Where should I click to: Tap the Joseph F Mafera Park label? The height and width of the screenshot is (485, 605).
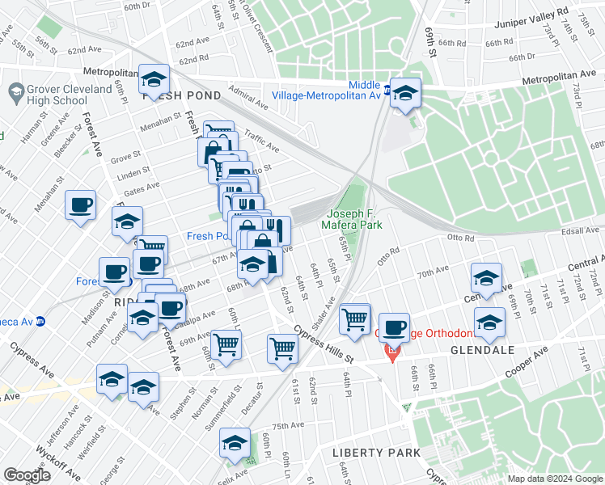click(x=353, y=220)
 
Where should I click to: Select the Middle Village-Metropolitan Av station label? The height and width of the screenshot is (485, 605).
click(x=364, y=91)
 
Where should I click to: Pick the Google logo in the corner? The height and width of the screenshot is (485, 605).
click(x=27, y=475)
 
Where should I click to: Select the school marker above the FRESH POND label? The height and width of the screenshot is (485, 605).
click(x=154, y=79)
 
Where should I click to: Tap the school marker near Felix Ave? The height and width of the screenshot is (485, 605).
click(x=235, y=442)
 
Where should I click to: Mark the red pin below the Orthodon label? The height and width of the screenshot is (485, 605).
click(x=392, y=352)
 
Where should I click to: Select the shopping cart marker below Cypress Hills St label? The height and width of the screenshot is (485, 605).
click(x=283, y=349)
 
